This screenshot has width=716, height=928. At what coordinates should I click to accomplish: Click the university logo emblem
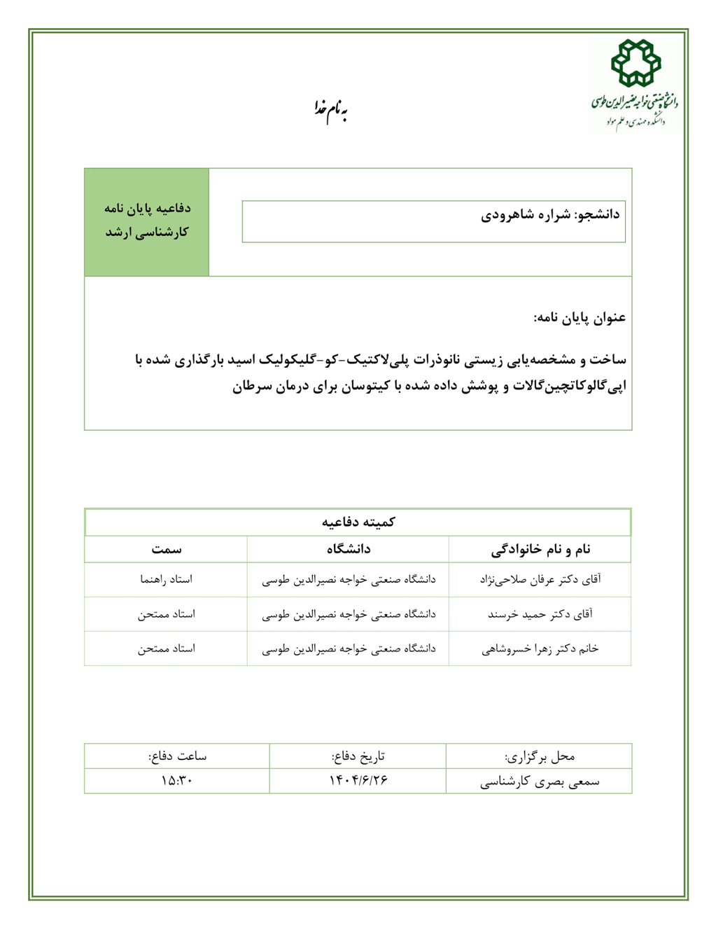click(636, 63)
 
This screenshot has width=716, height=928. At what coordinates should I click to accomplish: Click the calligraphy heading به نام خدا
click(330, 110)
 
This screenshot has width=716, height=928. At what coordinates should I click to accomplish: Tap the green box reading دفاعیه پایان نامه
click(147, 221)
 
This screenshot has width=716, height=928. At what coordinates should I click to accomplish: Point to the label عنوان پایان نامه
click(580, 318)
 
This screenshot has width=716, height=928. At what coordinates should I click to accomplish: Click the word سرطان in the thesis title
click(252, 386)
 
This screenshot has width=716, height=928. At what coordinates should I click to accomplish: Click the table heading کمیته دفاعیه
click(358, 522)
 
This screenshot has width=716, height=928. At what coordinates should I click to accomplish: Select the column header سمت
click(166, 550)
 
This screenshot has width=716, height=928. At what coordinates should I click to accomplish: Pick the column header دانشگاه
click(348, 550)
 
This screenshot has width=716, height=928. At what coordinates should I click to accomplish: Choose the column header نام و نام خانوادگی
click(540, 550)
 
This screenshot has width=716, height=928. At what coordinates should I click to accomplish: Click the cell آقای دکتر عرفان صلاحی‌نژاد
click(540, 580)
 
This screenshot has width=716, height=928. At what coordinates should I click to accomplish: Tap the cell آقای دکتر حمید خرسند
click(540, 614)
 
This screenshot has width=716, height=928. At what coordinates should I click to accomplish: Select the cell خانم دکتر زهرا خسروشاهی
click(540, 649)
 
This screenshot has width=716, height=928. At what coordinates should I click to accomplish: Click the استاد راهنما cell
click(166, 580)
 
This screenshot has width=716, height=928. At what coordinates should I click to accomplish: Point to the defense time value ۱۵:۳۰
click(176, 780)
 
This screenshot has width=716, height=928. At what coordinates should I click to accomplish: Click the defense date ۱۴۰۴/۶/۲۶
click(358, 780)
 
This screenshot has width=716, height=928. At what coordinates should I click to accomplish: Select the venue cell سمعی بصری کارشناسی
click(540, 782)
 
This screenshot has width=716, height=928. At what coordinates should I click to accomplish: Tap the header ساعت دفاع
click(177, 756)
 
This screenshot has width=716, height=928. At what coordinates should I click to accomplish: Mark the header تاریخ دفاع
click(358, 756)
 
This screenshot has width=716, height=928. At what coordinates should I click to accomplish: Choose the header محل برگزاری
click(540, 756)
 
